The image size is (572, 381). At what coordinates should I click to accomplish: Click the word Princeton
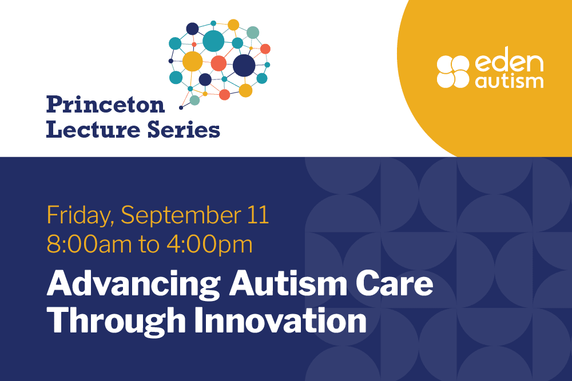(105, 105)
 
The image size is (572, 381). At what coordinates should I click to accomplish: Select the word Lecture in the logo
(93, 130)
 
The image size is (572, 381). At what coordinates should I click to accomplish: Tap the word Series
(184, 130)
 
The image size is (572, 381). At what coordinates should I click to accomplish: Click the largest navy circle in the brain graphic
(244, 66)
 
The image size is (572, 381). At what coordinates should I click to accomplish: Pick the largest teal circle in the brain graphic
(213, 41)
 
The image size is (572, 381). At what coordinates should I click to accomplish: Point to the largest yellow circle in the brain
(192, 61)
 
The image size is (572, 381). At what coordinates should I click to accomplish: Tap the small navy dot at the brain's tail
(181, 108)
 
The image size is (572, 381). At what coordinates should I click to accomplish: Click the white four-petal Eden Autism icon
(452, 72)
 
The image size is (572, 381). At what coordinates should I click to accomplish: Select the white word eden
(509, 64)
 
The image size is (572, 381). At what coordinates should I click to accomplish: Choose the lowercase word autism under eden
(509, 81)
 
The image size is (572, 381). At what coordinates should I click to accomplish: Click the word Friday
(78, 216)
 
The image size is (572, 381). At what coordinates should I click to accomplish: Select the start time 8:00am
(89, 244)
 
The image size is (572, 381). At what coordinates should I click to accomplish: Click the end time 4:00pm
(209, 245)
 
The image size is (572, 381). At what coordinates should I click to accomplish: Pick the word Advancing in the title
(133, 285)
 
